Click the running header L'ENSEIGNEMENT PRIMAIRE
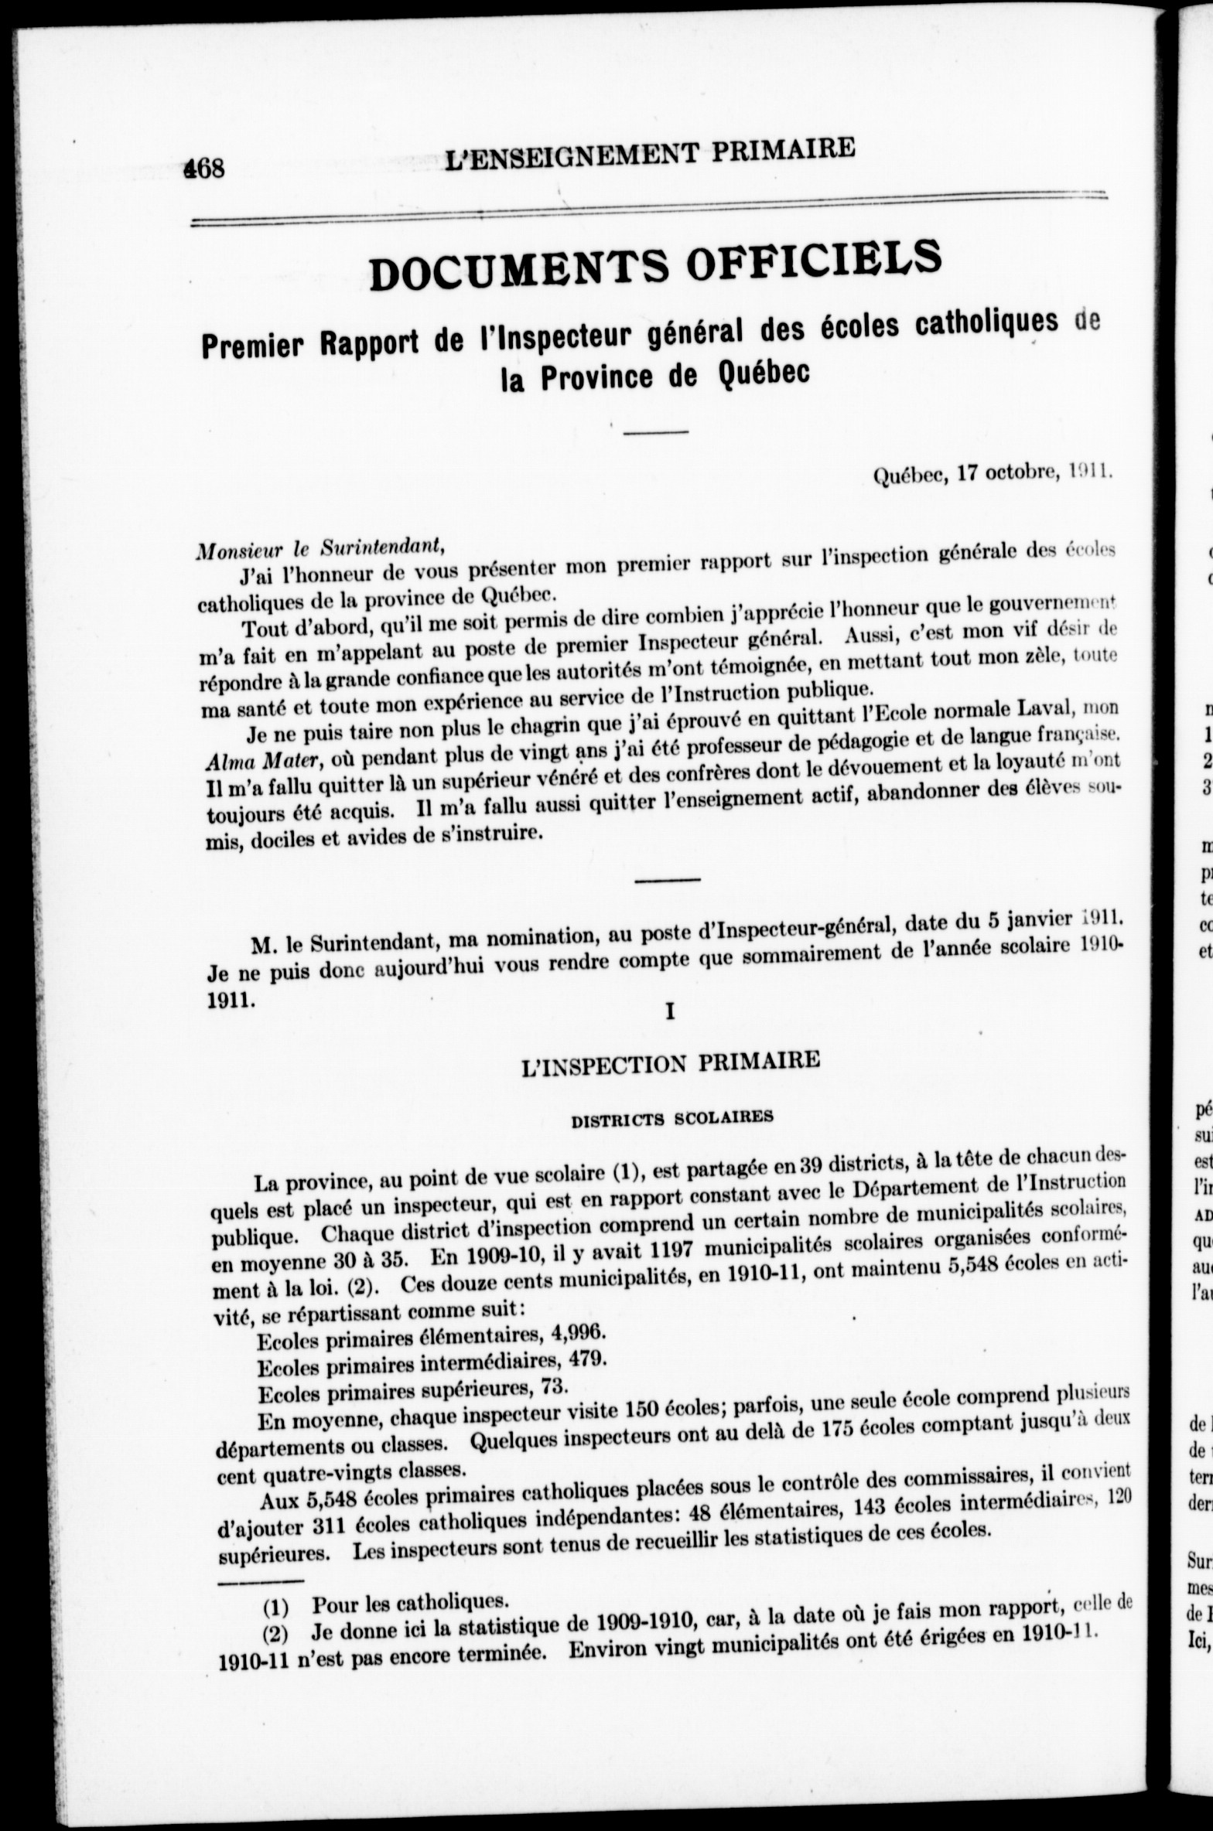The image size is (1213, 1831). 651,152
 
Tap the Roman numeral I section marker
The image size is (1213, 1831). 670,1011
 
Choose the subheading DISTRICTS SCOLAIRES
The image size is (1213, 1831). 671,1118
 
